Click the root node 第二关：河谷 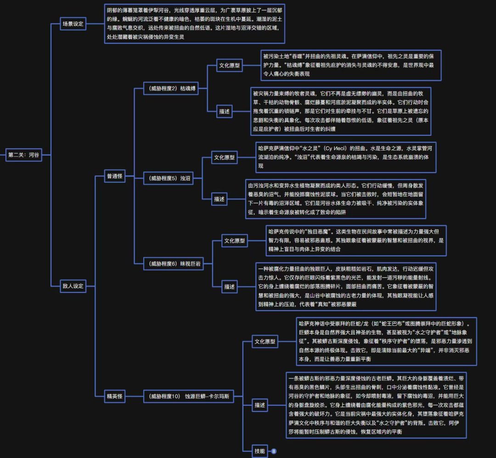point(23,155)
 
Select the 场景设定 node point(73,24)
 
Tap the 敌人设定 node point(73,286)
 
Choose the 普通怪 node point(114,176)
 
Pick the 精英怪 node point(114,396)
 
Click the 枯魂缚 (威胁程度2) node point(170,89)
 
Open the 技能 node point(260,451)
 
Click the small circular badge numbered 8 point(274,451)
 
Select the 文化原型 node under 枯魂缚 point(229,66)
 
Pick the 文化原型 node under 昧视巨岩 point(234,240)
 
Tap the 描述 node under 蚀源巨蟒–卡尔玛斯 point(260,405)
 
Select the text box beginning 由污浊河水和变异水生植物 point(336,199)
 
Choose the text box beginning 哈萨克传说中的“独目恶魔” point(356,240)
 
